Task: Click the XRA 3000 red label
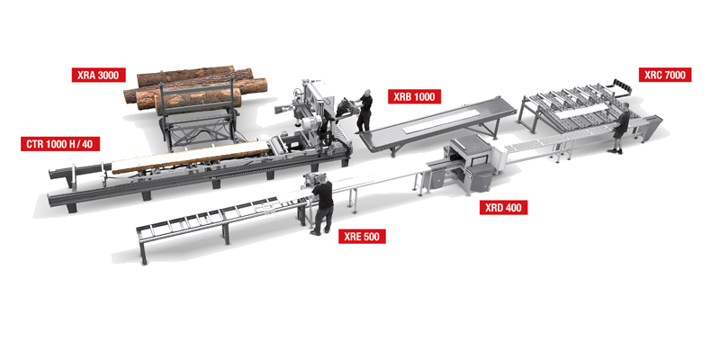[x=98, y=76]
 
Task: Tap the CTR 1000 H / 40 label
[x=60, y=144]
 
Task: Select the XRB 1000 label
[x=414, y=97]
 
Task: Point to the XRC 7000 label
[x=665, y=75]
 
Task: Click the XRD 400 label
[x=503, y=208]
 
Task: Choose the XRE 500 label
[x=362, y=236]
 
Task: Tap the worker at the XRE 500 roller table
[x=323, y=205]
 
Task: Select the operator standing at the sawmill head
[x=364, y=111]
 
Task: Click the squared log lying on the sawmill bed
[x=191, y=157]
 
